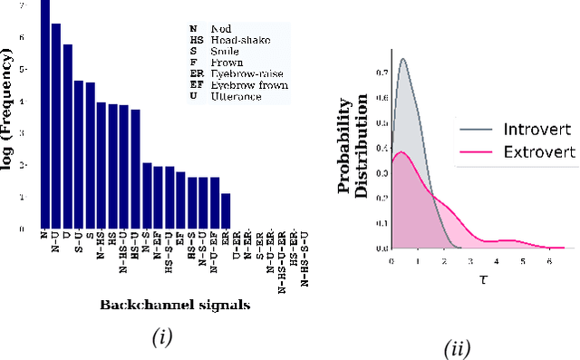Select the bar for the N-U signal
56,127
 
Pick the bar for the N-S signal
147,196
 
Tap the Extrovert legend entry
514,151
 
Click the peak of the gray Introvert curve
403,61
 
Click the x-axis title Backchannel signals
174,305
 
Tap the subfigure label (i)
160,338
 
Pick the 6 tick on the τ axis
548,261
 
